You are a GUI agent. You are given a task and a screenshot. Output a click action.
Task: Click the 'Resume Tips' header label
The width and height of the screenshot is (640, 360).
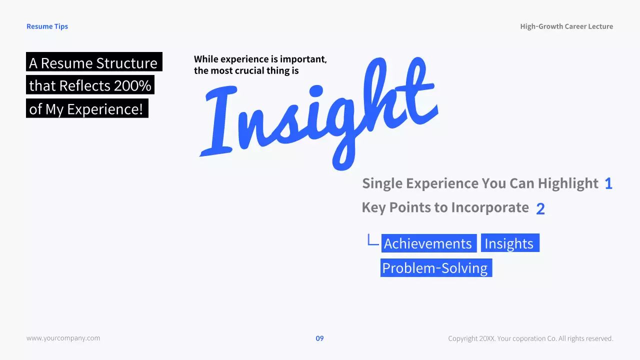(x=47, y=26)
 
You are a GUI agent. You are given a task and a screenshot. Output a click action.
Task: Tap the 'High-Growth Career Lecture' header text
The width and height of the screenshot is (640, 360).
(x=566, y=26)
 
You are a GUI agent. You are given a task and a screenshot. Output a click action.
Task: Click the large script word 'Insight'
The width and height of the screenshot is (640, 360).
(x=320, y=115)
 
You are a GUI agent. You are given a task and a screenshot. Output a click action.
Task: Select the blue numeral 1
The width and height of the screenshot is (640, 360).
(x=608, y=184)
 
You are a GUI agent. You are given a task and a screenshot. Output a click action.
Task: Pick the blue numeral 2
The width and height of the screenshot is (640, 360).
(x=540, y=209)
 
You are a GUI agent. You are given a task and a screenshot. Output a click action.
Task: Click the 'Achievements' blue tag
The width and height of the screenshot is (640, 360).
(x=428, y=243)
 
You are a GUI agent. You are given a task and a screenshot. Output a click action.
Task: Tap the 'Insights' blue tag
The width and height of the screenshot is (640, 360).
(x=509, y=243)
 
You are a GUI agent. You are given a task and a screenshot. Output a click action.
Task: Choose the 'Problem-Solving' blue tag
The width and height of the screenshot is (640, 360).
(x=435, y=268)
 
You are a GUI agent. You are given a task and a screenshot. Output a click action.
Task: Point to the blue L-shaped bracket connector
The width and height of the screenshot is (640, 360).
(x=372, y=240)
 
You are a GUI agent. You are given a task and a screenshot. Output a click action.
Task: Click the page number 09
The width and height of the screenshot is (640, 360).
(x=319, y=338)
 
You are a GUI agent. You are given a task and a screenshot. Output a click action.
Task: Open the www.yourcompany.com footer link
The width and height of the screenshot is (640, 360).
(x=63, y=338)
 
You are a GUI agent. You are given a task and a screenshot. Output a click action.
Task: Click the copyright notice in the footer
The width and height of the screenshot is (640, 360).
(x=530, y=338)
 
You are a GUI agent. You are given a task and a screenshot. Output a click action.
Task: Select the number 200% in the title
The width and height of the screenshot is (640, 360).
(x=132, y=86)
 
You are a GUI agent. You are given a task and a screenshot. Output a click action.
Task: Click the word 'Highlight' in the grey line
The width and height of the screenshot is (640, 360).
(x=568, y=184)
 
